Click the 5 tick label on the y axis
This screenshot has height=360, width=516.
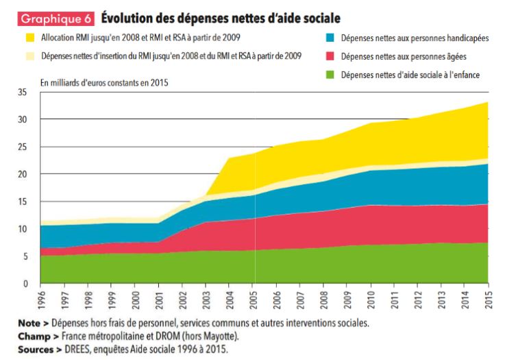pyautogui.click(x=25, y=256)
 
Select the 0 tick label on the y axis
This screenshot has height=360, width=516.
pyautogui.click(x=25, y=283)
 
